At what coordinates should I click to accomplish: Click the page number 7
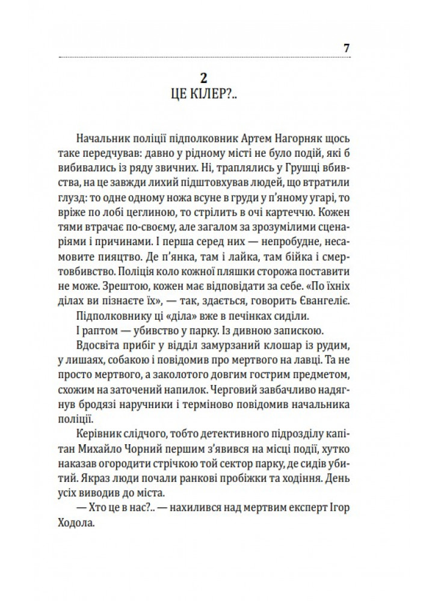point(347,48)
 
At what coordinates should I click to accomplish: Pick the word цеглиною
point(179,211)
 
